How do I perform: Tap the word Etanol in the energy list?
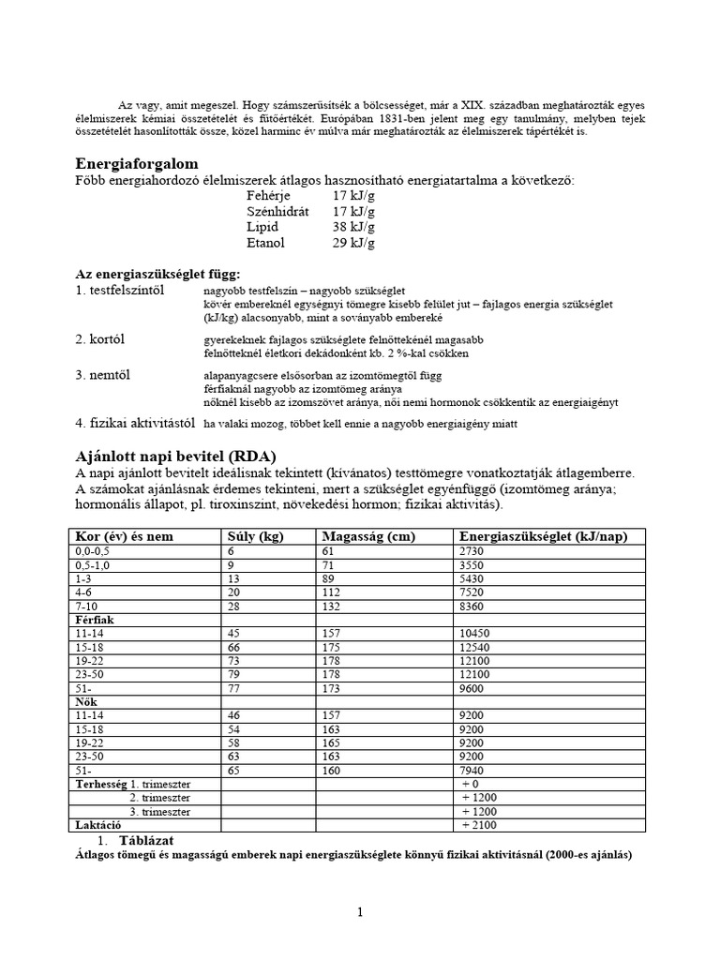coord(265,243)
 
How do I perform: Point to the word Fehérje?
coord(269,196)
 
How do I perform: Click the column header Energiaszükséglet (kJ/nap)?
coord(543,536)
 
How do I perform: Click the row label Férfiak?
coord(95,620)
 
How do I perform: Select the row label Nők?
coord(87,701)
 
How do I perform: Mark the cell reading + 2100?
coord(479,824)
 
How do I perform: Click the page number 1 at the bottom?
coord(360,912)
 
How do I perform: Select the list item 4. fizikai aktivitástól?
coord(137,423)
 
